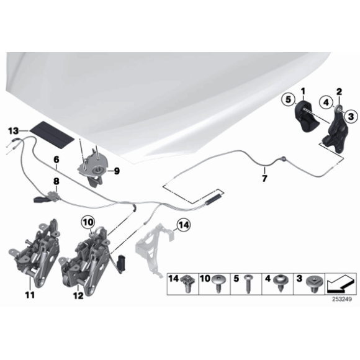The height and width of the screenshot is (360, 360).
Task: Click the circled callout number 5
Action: click(x=288, y=99)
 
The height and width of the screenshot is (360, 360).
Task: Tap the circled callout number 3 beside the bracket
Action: click(x=350, y=114)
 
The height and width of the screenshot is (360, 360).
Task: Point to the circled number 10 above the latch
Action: click(x=87, y=221)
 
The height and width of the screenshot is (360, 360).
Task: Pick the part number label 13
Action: click(x=14, y=131)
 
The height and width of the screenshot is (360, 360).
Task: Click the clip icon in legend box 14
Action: click(x=186, y=285)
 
